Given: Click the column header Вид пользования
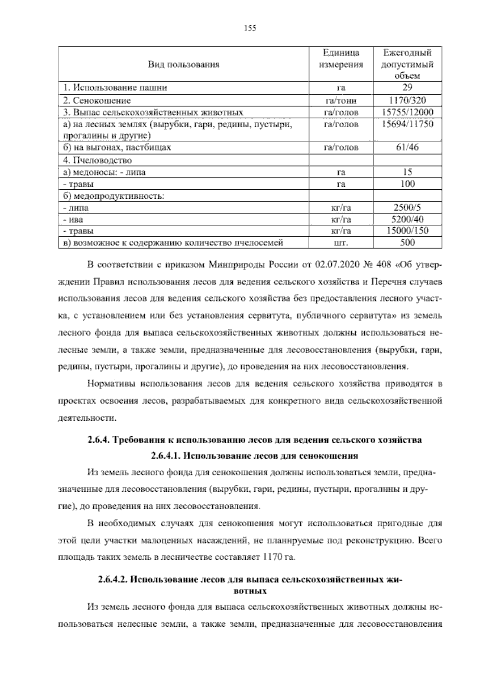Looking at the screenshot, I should (183, 64).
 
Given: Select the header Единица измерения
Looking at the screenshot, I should (341, 59).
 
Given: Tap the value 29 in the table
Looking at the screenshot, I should (407, 87).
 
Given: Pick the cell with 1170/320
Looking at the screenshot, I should (407, 100).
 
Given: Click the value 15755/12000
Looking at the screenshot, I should (407, 112).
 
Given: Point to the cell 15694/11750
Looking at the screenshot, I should (407, 124).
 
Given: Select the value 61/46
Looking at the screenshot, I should (407, 147).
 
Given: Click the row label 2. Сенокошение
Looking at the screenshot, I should (97, 100).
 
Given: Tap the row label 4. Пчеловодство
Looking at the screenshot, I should (97, 160).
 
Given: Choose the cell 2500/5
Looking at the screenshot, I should (407, 207).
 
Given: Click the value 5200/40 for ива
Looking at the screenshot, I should (407, 219).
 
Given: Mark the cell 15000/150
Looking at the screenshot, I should (407, 231).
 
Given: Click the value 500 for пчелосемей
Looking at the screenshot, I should (407, 242).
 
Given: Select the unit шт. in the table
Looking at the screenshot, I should (341, 243).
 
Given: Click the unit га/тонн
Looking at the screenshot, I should (341, 100).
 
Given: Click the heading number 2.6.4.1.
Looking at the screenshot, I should (166, 455).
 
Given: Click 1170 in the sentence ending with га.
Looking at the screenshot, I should (273, 557).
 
